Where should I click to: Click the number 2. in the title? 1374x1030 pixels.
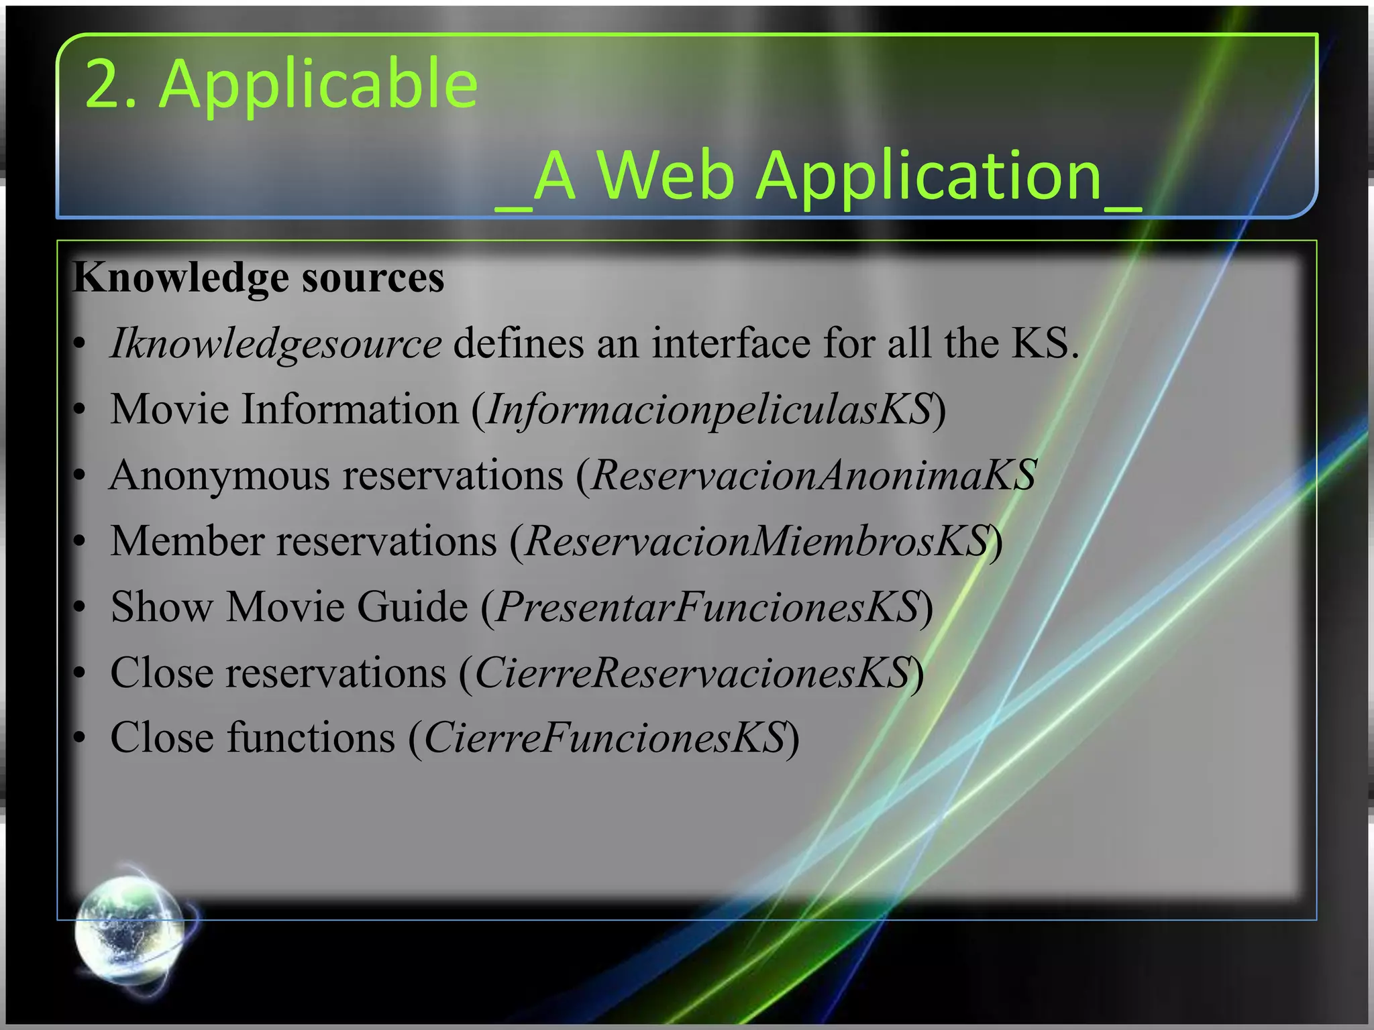point(111,84)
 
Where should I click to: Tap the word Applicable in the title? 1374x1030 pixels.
point(318,85)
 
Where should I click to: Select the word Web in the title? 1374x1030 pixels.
point(666,176)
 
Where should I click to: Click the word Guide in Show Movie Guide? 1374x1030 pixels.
point(412,607)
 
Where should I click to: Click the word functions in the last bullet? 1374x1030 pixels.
point(311,738)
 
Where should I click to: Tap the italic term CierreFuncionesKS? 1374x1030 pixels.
point(604,738)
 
